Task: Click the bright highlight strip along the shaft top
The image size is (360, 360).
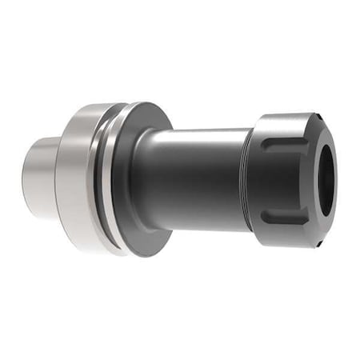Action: tap(200, 136)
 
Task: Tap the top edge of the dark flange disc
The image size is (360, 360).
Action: tap(148, 106)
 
